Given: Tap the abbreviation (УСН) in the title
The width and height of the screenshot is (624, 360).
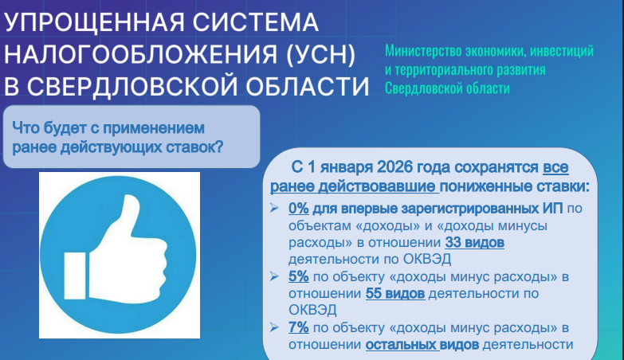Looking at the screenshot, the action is click(x=320, y=54).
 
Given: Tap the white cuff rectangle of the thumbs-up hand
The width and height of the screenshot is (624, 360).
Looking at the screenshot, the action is click(x=75, y=276).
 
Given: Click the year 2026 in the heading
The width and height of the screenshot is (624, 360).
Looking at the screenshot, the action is click(x=394, y=167).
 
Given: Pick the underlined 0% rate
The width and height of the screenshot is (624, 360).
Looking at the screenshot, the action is click(x=299, y=208).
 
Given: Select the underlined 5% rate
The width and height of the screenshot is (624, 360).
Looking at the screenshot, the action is click(x=299, y=276).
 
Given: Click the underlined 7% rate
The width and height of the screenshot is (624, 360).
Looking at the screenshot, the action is click(x=299, y=327).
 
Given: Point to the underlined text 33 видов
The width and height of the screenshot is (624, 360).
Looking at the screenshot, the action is click(x=474, y=242).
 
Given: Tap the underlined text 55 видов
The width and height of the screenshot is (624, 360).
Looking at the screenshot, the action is click(x=395, y=294).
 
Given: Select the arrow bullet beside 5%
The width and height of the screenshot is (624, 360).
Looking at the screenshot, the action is click(x=274, y=276).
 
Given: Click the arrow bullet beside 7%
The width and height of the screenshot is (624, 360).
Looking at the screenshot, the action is click(x=274, y=327).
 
